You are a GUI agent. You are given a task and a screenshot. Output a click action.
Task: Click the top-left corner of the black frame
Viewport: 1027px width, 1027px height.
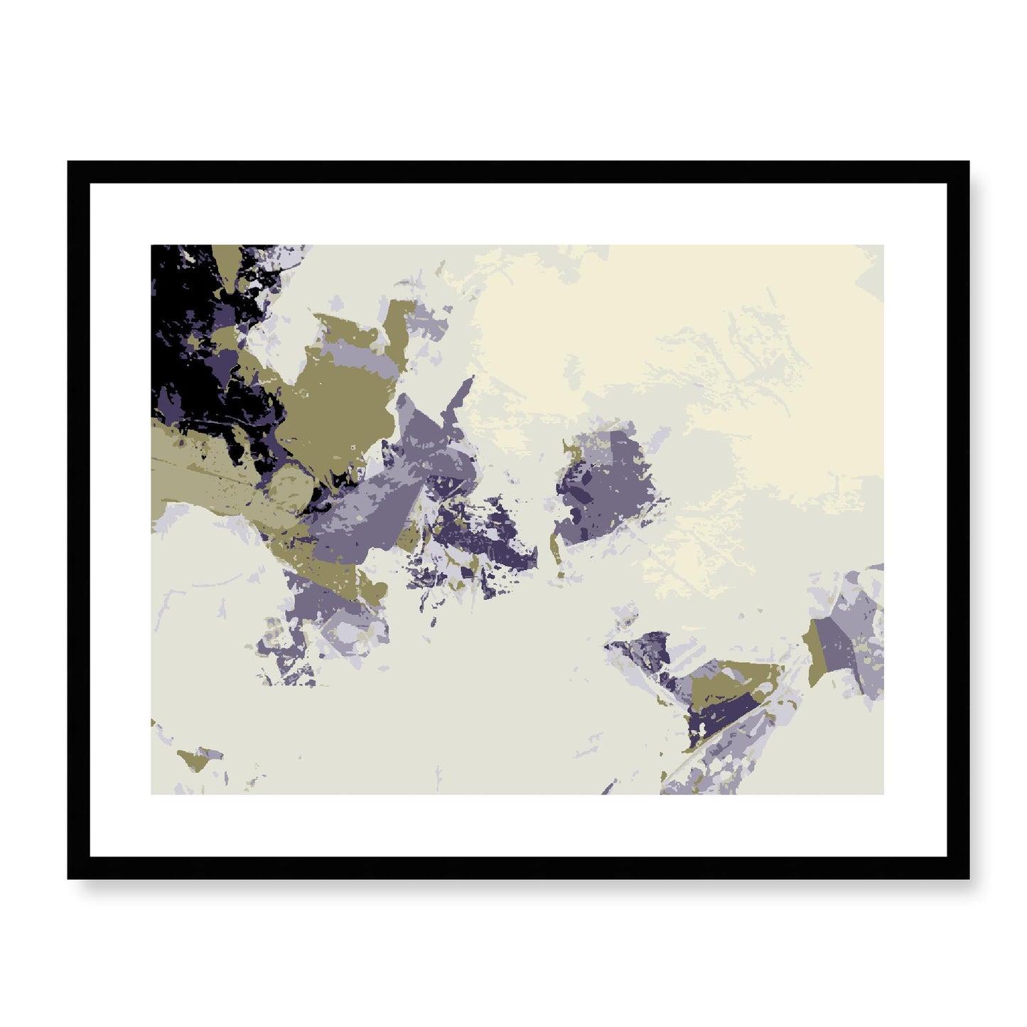[x=68, y=162]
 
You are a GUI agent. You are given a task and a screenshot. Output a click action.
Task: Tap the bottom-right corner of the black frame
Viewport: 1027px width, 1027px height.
[x=969, y=878]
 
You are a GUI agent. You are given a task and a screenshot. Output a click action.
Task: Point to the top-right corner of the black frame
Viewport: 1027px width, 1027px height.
[x=969, y=162]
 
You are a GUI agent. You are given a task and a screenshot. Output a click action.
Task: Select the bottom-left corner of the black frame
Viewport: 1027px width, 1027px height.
[x=68, y=878]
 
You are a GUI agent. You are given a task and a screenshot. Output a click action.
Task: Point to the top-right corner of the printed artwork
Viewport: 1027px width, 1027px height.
[x=883, y=246]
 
